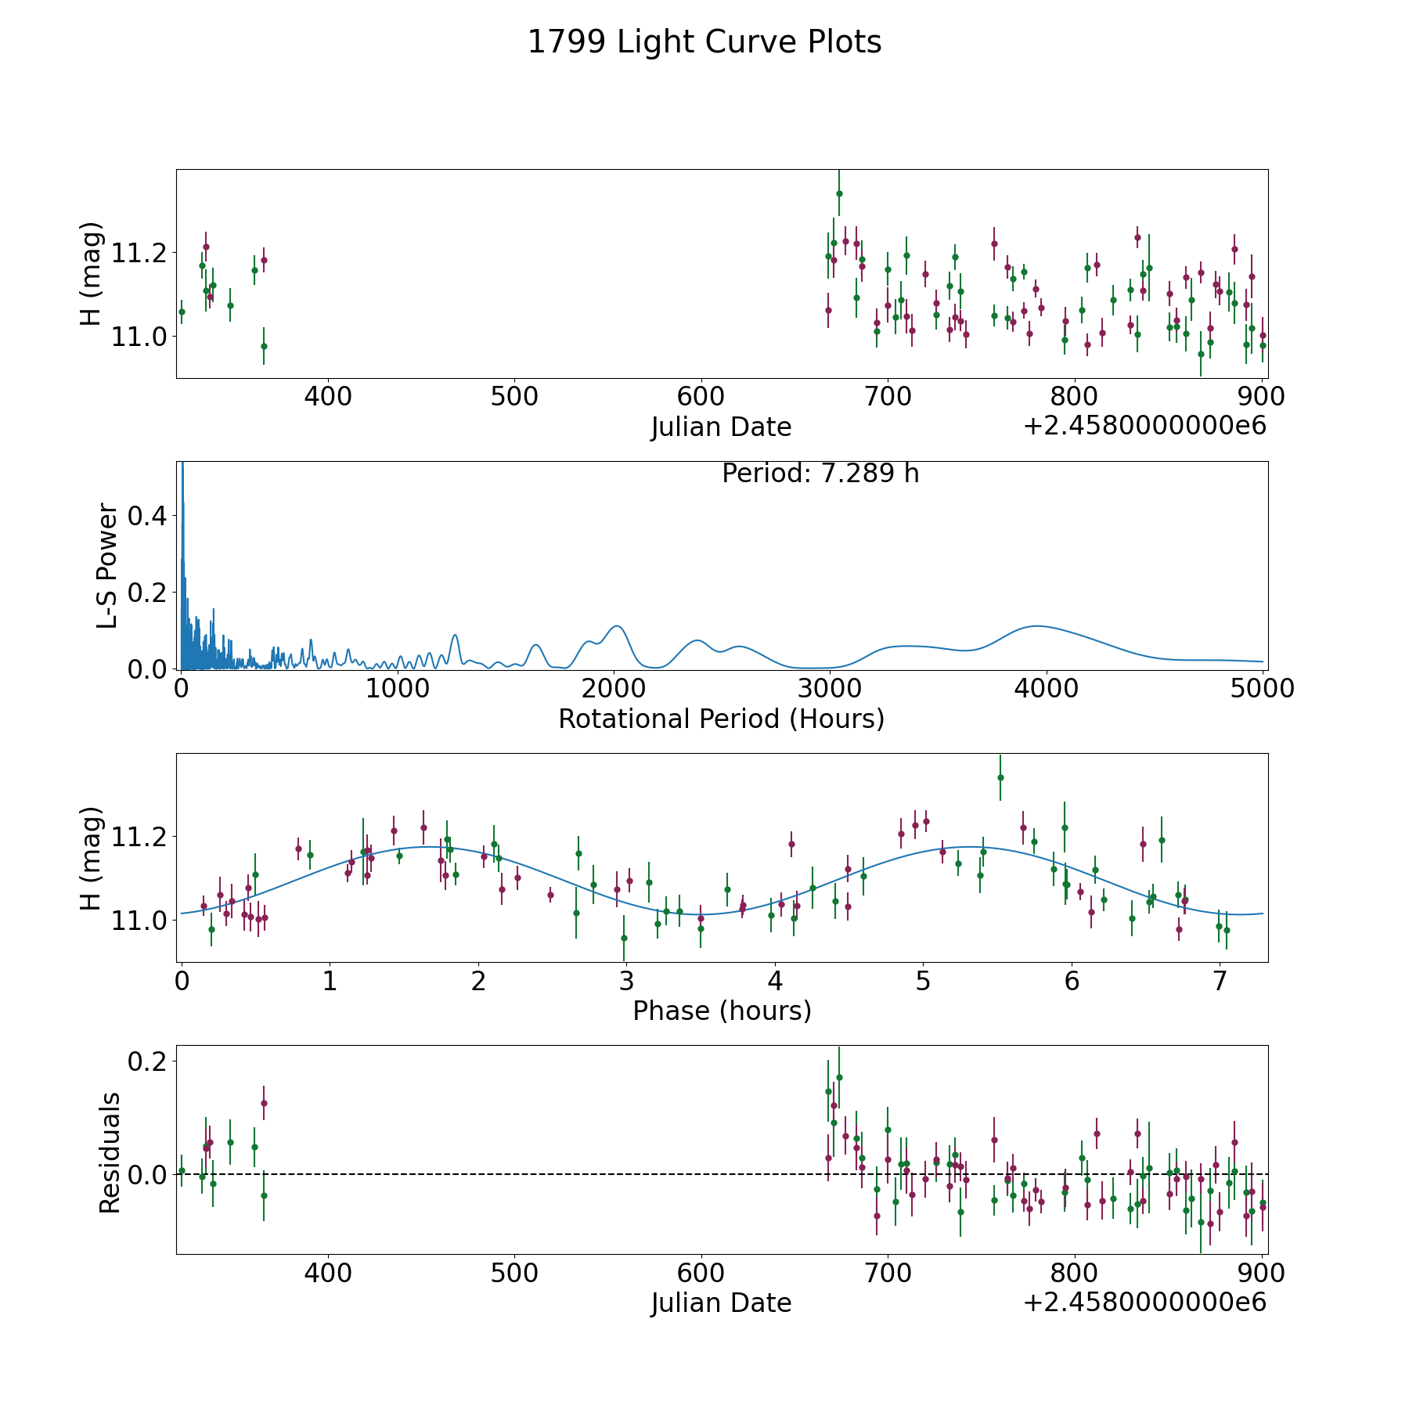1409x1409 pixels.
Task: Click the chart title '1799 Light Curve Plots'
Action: pyautogui.click(x=704, y=42)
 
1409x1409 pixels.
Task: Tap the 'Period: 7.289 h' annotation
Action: pyautogui.click(x=820, y=474)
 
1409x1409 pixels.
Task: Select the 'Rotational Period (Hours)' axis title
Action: pyautogui.click(x=721, y=719)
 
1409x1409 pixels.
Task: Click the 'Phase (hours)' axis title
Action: pyautogui.click(x=722, y=1011)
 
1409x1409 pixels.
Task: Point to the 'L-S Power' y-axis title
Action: pyautogui.click(x=108, y=565)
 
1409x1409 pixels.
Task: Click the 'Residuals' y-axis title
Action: pyautogui.click(x=110, y=1152)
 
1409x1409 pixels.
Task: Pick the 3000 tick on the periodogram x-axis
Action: pyautogui.click(x=830, y=688)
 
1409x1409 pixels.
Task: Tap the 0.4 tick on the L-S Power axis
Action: pyautogui.click(x=150, y=516)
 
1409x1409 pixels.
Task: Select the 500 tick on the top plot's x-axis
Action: pyautogui.click(x=514, y=397)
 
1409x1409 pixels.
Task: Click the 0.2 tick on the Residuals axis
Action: pyautogui.click(x=150, y=1061)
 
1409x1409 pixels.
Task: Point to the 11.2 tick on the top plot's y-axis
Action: pyautogui.click(x=140, y=253)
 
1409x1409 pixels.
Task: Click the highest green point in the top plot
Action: pyautogui.click(x=839, y=193)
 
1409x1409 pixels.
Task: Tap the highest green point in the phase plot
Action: pyautogui.click(x=1000, y=777)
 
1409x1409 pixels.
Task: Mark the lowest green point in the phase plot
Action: pyautogui.click(x=624, y=938)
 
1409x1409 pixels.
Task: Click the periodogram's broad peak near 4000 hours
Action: pyautogui.click(x=1037, y=626)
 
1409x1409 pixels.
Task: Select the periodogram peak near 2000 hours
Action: pyautogui.click(x=617, y=626)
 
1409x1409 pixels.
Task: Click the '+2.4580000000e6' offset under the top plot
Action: pyautogui.click(x=1144, y=426)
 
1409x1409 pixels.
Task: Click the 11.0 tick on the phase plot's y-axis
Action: pyautogui.click(x=140, y=921)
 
